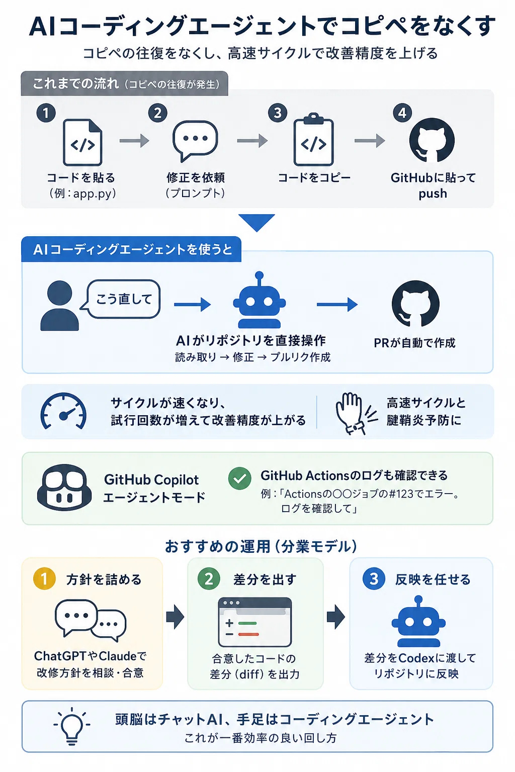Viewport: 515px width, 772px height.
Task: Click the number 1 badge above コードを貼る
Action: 46,113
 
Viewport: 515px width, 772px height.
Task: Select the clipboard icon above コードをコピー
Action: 313,139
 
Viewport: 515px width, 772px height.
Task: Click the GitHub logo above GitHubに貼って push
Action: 432,140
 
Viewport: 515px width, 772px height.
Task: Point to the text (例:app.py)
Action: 82,194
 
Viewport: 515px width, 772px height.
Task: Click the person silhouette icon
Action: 59,306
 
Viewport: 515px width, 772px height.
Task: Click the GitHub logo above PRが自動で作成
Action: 415,304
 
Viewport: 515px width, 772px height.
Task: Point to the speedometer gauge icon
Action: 63,411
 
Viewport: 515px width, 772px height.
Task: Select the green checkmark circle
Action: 240,478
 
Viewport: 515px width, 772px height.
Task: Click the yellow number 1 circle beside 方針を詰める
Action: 44,578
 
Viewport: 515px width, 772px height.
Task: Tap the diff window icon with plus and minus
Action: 255,622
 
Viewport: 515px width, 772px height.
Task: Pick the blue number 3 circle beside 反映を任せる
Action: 374,578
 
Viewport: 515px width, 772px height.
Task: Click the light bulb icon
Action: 72,726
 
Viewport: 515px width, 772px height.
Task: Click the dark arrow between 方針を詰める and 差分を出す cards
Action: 175,617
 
